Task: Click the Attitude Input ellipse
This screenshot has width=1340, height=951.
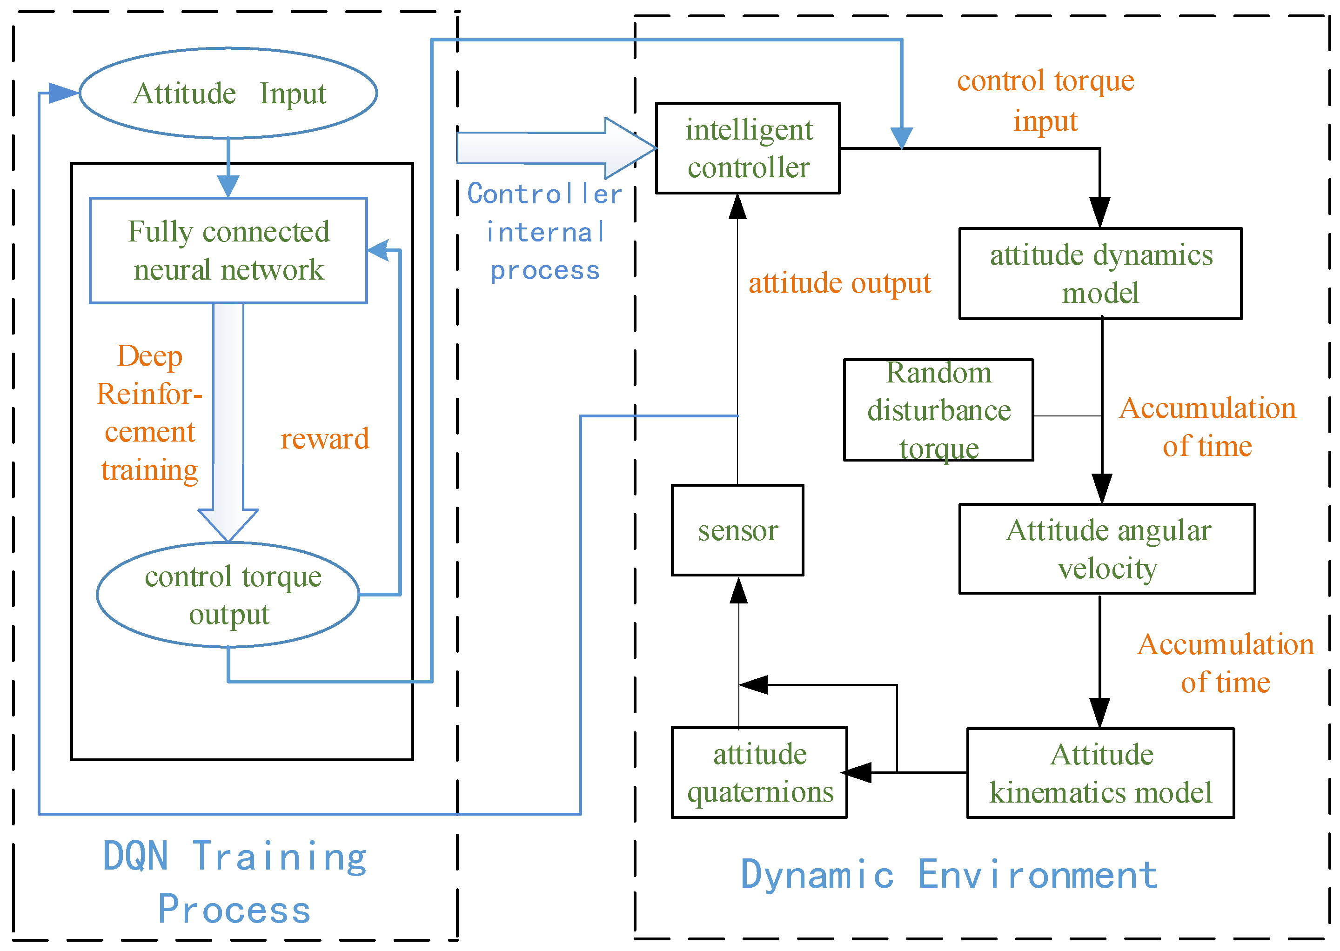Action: pyautogui.click(x=228, y=93)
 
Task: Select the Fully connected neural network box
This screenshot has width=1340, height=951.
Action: pyautogui.click(x=228, y=251)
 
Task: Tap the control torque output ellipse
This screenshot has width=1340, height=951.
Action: pyautogui.click(x=228, y=595)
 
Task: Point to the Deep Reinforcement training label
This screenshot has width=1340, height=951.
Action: pyautogui.click(x=150, y=413)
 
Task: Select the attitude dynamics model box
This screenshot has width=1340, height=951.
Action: pyautogui.click(x=1100, y=274)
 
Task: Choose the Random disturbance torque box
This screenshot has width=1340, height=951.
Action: pyautogui.click(x=938, y=410)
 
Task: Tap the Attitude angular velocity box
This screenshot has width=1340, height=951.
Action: pyautogui.click(x=1107, y=549)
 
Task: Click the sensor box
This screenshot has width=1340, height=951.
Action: pyautogui.click(x=737, y=530)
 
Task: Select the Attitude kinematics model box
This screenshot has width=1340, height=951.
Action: pyautogui.click(x=1100, y=773)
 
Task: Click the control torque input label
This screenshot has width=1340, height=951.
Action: pyautogui.click(x=1045, y=100)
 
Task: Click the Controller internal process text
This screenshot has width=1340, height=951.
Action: pyautogui.click(x=545, y=232)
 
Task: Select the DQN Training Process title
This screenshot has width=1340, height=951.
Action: pyautogui.click(x=234, y=882)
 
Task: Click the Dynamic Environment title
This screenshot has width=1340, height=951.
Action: pyautogui.click(x=949, y=875)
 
